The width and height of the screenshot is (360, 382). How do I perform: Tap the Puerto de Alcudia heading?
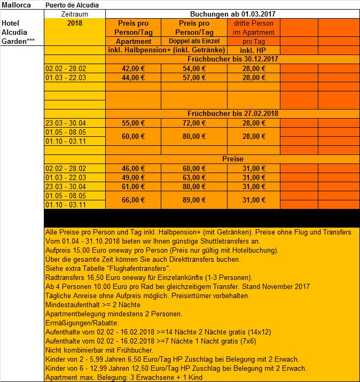tap(72, 5)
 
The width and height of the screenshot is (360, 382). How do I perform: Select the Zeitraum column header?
tap(74, 14)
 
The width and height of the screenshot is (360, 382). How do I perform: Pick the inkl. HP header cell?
tap(250, 50)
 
